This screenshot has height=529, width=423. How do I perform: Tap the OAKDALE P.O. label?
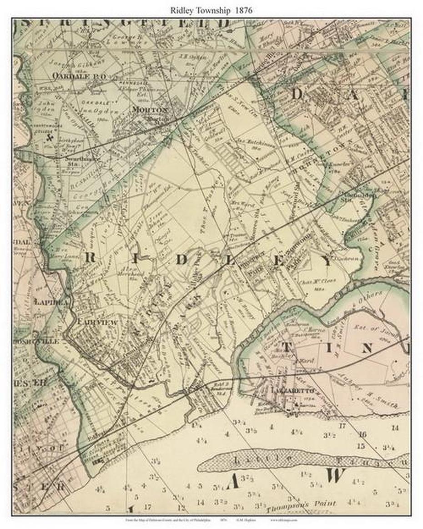pos(79,76)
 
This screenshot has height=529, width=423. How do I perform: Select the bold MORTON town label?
pos(150,109)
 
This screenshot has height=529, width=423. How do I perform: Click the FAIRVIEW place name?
pos(97,322)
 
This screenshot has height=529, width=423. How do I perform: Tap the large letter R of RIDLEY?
pos(90,257)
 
